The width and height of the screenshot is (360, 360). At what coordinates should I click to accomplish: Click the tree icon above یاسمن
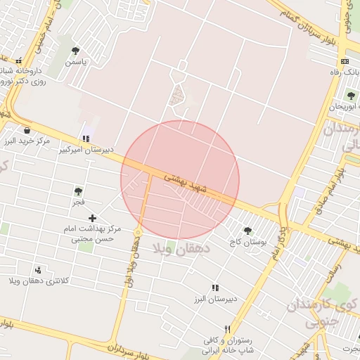[76, 51]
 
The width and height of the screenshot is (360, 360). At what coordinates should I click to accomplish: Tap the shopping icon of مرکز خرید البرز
[27, 130]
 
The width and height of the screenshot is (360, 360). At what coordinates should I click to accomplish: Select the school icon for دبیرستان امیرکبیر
[86, 139]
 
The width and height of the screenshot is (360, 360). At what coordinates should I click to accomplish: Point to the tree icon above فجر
[78, 191]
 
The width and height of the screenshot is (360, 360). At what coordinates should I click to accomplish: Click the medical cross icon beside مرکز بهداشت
[92, 219]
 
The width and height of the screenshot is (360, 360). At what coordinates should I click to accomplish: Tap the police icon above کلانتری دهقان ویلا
[38, 270]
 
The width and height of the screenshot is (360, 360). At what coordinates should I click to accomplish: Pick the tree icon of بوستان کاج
[247, 231]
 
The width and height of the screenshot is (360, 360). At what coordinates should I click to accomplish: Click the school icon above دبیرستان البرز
[215, 288]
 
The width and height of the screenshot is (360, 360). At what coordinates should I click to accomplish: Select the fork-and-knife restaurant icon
[226, 329]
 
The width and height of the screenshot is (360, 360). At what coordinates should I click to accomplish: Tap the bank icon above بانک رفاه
[344, 62]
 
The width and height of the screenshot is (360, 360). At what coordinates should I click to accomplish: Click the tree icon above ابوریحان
[351, 96]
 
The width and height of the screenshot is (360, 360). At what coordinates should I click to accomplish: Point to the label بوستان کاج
[249, 242]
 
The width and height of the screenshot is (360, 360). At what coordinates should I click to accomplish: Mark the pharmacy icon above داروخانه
[19, 60]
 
